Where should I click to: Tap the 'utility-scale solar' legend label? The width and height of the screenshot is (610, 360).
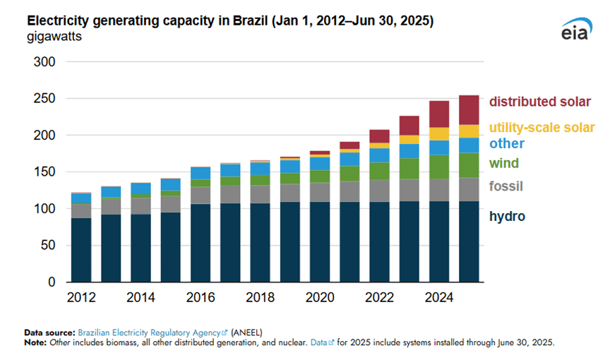(542, 128)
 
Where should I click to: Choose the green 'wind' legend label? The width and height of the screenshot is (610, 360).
(504, 164)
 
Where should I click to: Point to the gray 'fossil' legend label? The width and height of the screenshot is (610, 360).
(506, 186)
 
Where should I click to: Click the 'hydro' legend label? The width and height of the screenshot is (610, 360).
(507, 216)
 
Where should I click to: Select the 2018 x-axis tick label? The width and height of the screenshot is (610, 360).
(261, 297)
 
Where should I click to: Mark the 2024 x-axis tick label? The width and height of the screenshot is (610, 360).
(439, 297)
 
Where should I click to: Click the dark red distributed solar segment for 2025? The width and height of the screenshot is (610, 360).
(469, 110)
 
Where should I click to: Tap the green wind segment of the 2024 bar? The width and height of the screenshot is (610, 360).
(439, 167)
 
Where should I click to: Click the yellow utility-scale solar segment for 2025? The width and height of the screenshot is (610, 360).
(469, 131)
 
